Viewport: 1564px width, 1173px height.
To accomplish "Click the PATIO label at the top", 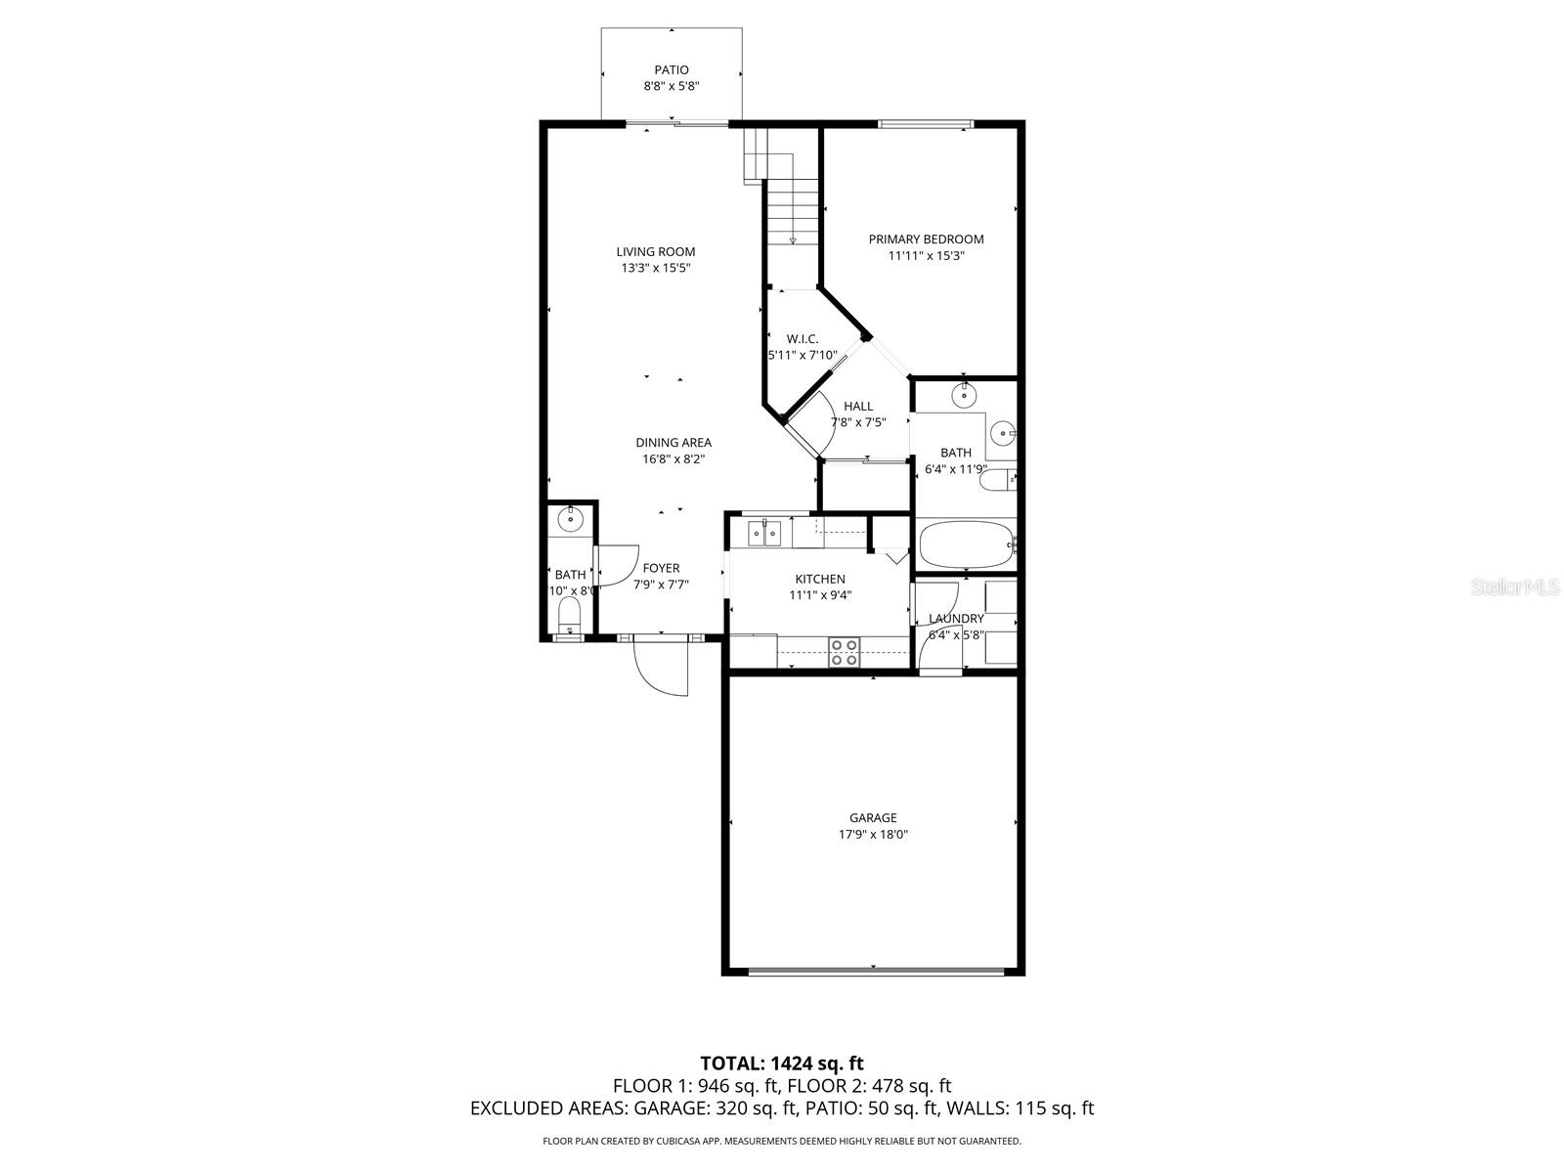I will (x=671, y=69).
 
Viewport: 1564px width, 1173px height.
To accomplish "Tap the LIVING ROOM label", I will (x=655, y=251).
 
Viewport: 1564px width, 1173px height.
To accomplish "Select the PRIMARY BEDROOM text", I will (x=926, y=239).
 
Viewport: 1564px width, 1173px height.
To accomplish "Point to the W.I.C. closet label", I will (x=802, y=338).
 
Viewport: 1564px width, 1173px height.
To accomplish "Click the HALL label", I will (x=857, y=406).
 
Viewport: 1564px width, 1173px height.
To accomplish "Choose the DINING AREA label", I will (x=673, y=442).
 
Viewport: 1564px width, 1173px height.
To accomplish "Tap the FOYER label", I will (x=661, y=568).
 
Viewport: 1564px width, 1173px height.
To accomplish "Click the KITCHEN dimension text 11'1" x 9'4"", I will (x=820, y=594).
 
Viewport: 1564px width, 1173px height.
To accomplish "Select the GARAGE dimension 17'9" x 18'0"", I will (x=872, y=835).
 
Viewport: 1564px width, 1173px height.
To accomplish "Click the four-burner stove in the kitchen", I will (x=844, y=652).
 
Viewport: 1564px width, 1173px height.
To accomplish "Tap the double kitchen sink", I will (x=764, y=533).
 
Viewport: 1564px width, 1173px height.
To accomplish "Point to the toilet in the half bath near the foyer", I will (x=568, y=617).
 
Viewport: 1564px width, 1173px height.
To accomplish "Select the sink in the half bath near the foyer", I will (x=568, y=519).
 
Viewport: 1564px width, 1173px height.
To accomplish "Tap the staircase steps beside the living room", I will (x=790, y=210).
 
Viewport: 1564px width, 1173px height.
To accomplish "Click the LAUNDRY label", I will (x=955, y=618).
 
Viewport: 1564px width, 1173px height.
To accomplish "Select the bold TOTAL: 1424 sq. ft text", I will (x=781, y=1063).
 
